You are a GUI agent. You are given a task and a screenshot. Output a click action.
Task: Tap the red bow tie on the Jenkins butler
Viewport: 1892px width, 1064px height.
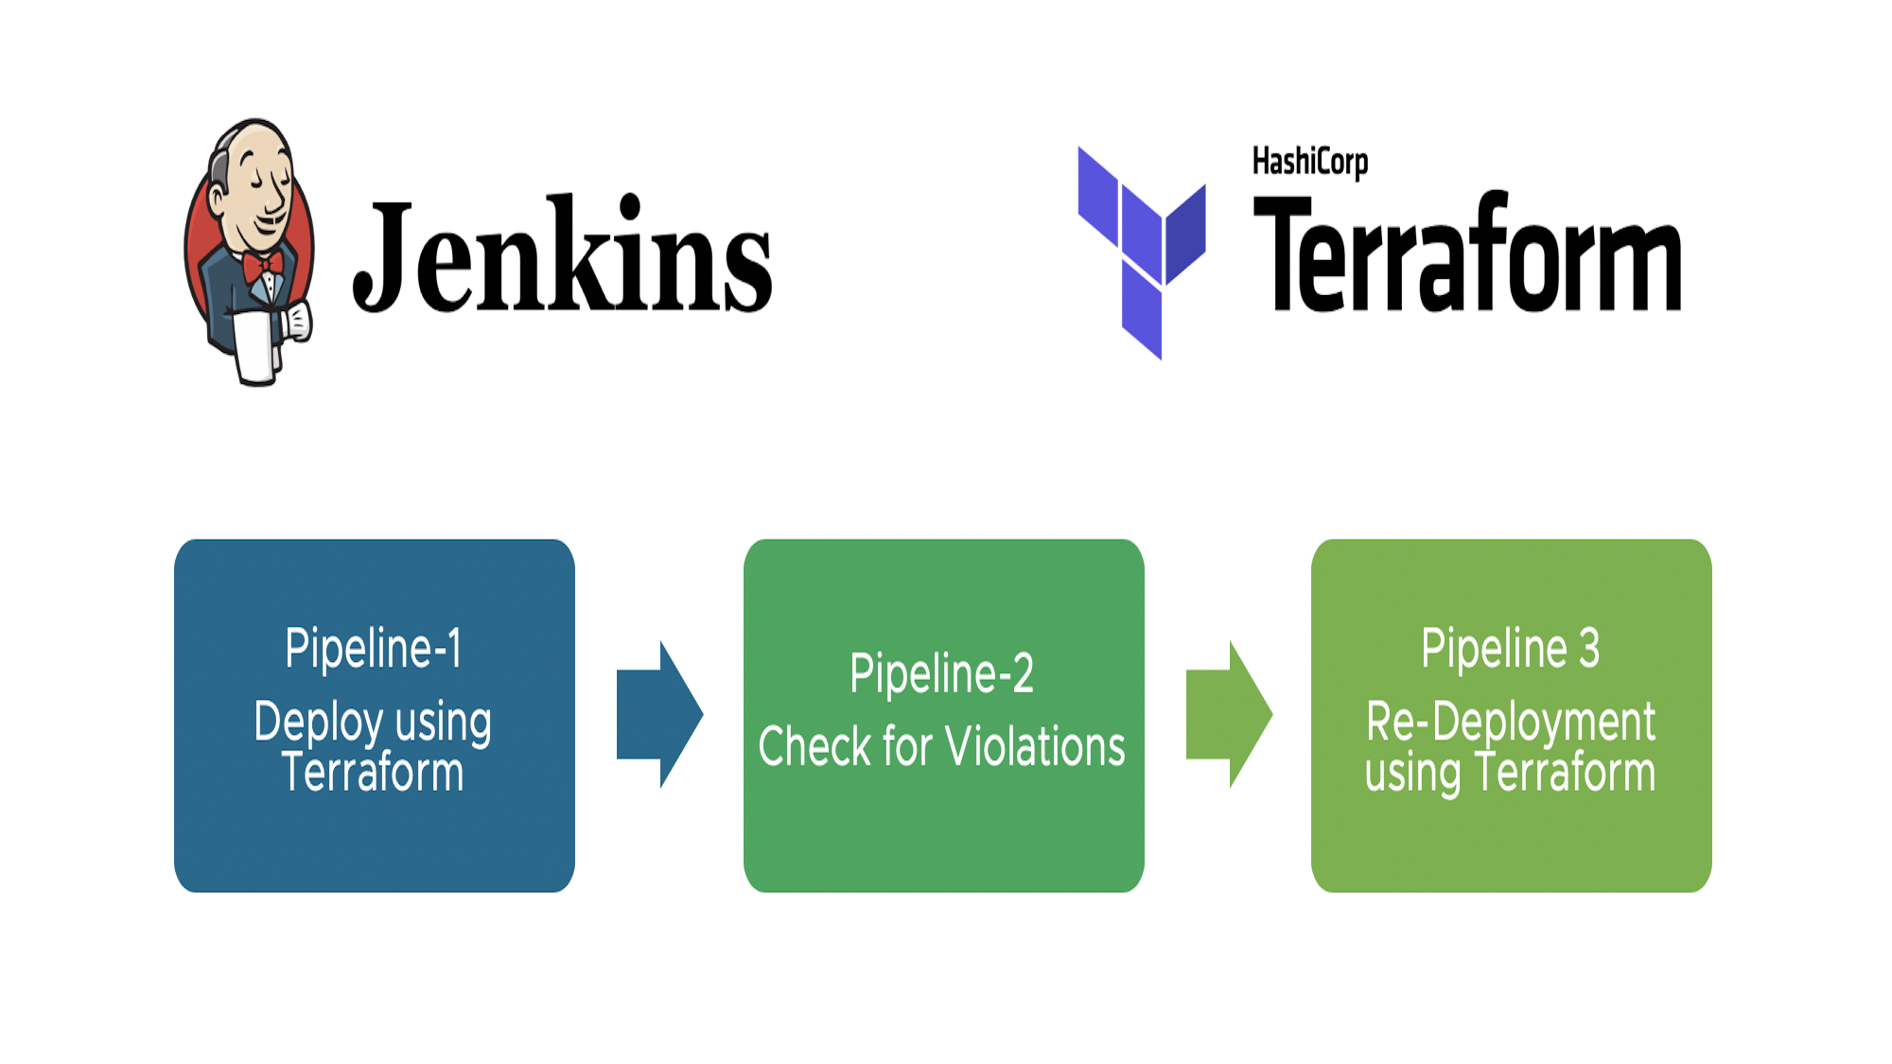point(263,266)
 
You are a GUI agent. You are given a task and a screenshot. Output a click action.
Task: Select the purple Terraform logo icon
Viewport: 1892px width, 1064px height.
point(1142,253)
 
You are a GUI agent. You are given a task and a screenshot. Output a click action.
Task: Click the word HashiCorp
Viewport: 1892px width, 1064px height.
point(1310,163)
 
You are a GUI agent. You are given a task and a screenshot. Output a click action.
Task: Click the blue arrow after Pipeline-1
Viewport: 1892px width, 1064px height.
point(660,714)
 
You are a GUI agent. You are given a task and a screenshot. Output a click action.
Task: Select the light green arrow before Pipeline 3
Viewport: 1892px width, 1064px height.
point(1230,714)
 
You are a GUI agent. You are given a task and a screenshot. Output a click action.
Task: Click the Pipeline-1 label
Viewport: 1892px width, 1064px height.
point(374,649)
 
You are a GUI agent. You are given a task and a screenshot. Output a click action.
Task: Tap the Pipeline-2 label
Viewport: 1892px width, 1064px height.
point(942,674)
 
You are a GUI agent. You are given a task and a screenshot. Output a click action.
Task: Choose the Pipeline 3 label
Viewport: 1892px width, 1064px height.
point(1511,649)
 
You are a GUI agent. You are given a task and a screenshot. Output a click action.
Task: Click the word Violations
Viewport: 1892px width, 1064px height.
point(1036,746)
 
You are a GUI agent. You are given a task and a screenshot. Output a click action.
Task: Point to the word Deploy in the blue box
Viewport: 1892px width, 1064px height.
point(319,724)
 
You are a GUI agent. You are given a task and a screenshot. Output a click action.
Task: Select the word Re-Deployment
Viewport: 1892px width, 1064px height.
point(1511,724)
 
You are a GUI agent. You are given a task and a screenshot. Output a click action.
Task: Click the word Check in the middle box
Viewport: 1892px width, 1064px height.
point(815,746)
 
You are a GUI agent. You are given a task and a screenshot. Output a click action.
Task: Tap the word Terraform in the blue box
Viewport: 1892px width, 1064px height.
point(373,772)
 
